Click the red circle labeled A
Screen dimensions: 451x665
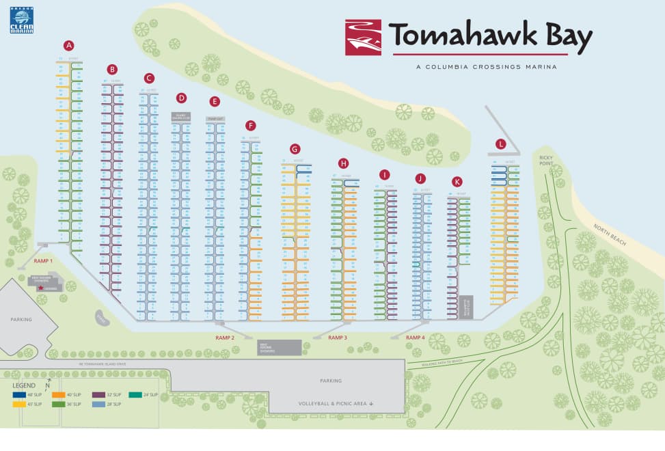coord(68,45)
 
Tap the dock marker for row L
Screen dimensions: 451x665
coord(501,143)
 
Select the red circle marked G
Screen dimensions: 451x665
coord(295,148)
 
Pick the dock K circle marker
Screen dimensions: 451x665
coord(457,182)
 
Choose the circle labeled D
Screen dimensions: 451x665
coord(181,98)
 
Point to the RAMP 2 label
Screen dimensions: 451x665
coord(224,338)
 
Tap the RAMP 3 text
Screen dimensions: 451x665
coord(338,338)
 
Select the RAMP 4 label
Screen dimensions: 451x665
coord(415,338)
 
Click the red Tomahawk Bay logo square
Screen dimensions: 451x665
coord(363,38)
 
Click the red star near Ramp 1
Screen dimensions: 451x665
coord(40,288)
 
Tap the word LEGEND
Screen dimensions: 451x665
coord(24,385)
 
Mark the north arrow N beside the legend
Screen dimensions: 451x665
coord(49,384)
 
